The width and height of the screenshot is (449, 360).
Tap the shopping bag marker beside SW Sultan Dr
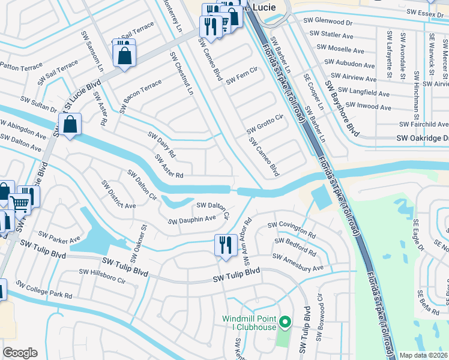click(x=70, y=125)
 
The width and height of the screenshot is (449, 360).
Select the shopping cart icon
click(x=20, y=203)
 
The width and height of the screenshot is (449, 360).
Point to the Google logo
click(x=20, y=353)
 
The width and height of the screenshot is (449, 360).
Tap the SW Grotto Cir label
click(x=264, y=125)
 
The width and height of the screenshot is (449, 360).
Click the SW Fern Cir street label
click(x=241, y=76)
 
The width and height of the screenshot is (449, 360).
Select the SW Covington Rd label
click(x=291, y=229)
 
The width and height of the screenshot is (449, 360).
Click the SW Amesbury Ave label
click(x=297, y=262)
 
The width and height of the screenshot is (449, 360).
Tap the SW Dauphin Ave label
click(x=191, y=220)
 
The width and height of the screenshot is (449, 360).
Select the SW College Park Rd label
click(x=44, y=289)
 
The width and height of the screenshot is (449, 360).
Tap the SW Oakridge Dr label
click(x=421, y=139)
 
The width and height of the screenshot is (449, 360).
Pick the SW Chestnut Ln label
click(x=182, y=73)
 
